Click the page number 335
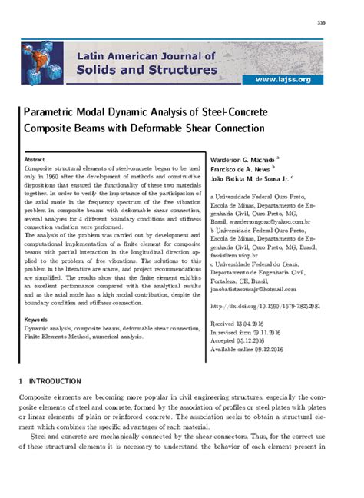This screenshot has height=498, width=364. click(342, 22)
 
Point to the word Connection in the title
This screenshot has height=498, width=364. click(235, 128)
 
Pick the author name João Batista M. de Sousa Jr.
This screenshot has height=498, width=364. click(250, 180)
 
